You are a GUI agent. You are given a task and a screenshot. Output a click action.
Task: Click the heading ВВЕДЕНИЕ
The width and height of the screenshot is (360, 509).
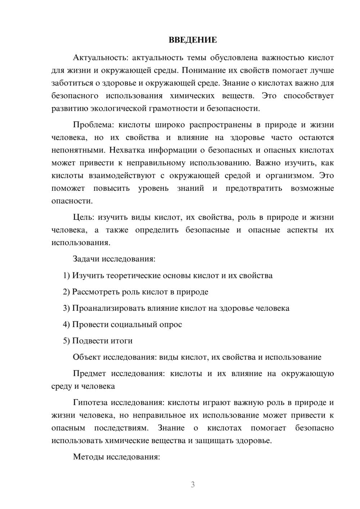pos(193,40)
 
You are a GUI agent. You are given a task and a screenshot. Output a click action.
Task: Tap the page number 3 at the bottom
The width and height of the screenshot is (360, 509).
pos(193,485)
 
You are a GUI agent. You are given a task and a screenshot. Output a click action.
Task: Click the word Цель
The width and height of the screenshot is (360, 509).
pos(84,217)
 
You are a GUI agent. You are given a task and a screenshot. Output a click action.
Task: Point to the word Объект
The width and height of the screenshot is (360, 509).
pos(87,357)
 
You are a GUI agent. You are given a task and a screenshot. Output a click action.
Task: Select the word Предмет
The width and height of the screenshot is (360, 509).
pos(90,374)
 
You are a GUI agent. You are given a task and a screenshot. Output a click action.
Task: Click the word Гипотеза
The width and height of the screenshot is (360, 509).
pos(90,403)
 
